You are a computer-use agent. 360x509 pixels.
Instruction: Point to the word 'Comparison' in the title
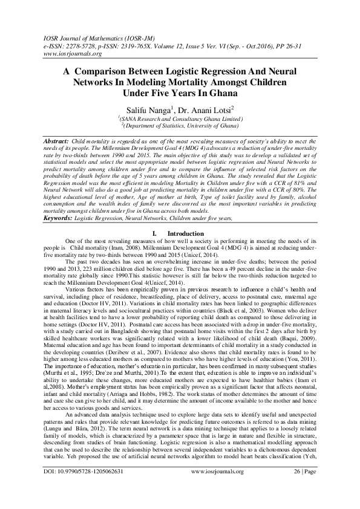(x=107, y=70)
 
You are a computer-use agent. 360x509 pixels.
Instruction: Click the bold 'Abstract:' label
(x=56, y=140)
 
